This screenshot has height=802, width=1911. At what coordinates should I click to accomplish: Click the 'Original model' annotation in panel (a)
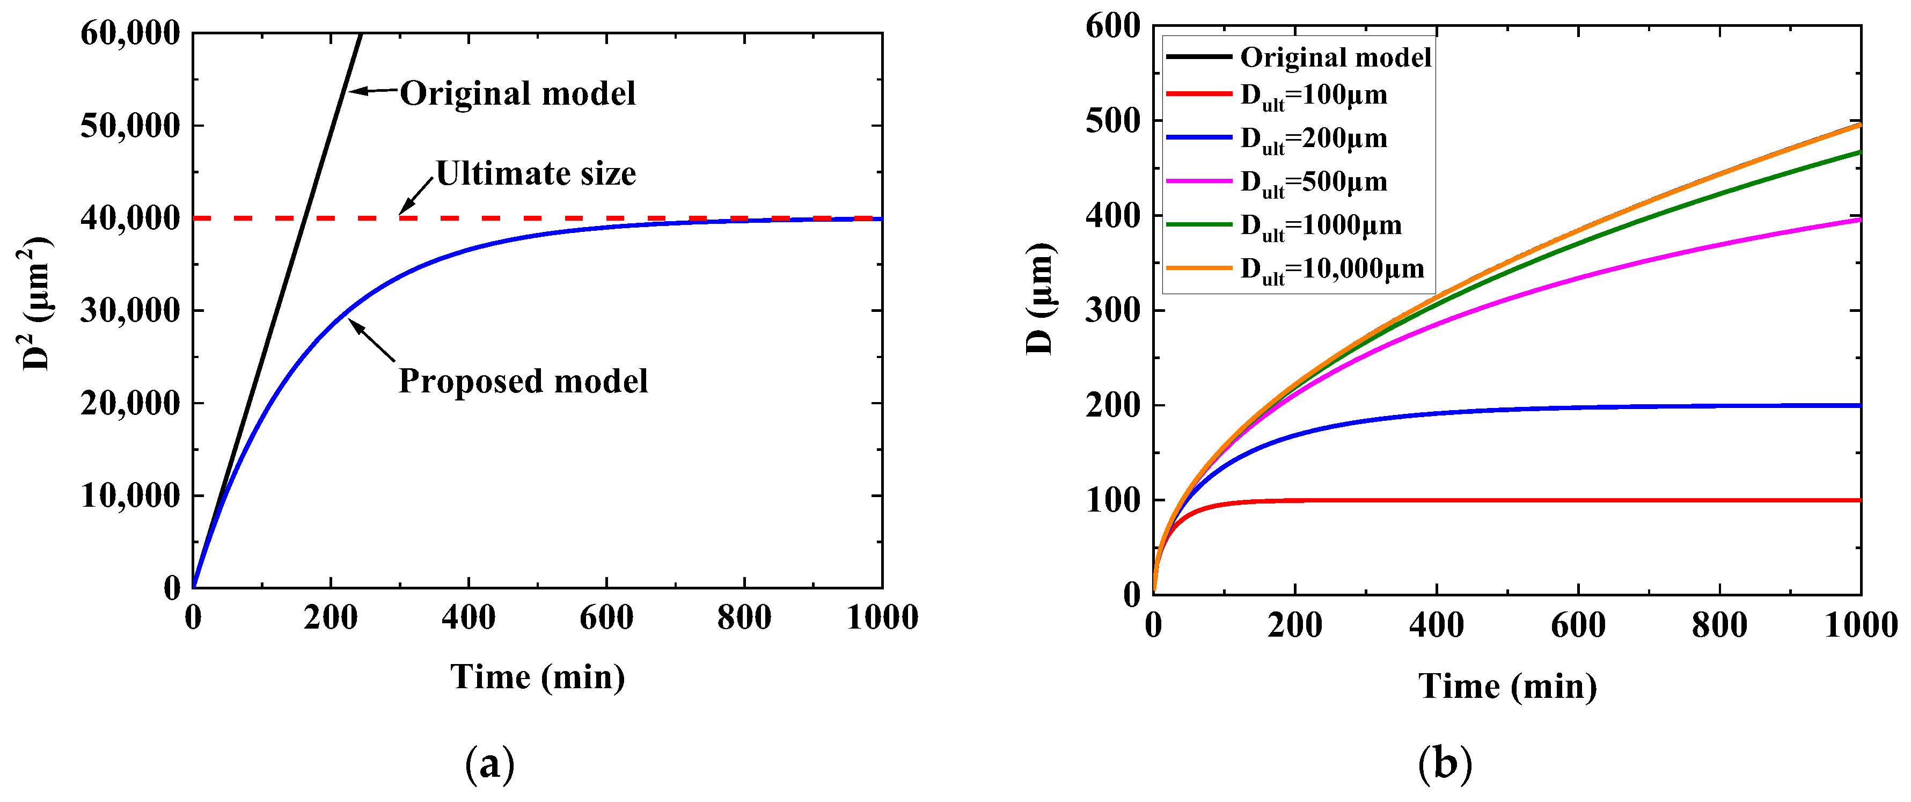[517, 93]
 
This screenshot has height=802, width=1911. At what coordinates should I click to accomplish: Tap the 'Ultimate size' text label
[536, 173]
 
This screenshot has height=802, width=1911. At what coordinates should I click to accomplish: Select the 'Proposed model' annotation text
[523, 381]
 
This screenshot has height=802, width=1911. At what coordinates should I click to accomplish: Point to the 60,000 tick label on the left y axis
[130, 33]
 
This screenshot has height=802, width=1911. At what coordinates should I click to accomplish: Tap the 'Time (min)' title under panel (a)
[537, 676]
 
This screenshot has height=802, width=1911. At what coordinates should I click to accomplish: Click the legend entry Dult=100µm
[1313, 96]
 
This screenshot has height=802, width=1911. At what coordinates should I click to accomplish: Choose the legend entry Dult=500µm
[1313, 183]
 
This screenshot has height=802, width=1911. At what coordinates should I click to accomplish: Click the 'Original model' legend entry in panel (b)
[1335, 57]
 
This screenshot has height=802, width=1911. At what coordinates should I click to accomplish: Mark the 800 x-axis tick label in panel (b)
[1719, 625]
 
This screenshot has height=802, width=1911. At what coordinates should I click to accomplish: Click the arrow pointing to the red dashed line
[415, 196]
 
